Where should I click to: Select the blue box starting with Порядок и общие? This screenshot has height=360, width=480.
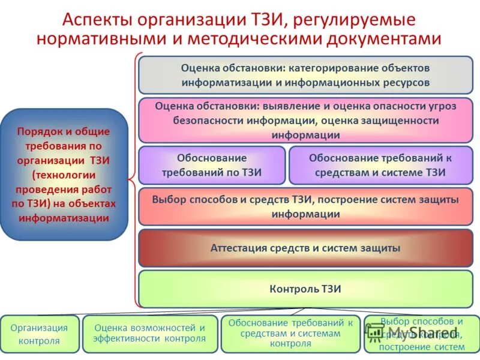coord(64,174)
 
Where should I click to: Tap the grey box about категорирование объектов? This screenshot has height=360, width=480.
coord(305,75)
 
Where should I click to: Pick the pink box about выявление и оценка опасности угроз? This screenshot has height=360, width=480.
coord(305,120)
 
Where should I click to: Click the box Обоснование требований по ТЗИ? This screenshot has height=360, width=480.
coord(212,165)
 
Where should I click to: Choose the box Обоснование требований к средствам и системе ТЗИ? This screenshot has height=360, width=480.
coord(380,165)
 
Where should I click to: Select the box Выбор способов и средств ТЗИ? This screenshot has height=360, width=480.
coord(305,206)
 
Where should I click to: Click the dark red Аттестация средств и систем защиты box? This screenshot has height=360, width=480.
coord(305,248)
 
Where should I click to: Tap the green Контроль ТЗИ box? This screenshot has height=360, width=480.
coord(305,289)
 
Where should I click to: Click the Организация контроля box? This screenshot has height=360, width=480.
coord(39,334)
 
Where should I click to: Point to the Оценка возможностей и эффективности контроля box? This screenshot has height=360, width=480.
coord(149,334)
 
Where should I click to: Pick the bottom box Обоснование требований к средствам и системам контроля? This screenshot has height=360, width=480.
coord(290,334)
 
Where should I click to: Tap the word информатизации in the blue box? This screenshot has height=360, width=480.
coord(64,218)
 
